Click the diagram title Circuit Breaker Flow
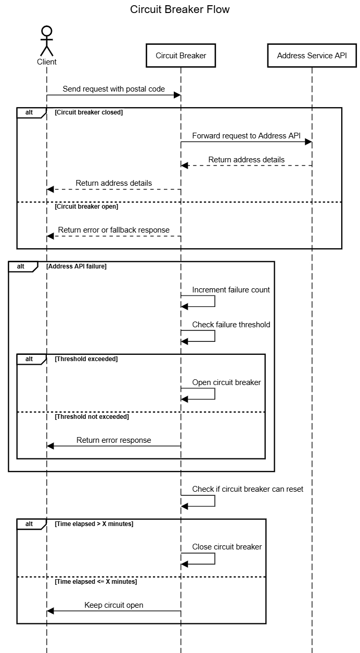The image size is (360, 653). [179, 10]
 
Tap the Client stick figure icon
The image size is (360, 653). [47, 40]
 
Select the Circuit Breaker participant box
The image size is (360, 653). [181, 56]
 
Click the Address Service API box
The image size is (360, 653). [312, 56]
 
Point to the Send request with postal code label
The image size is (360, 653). [114, 89]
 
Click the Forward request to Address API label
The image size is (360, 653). [246, 136]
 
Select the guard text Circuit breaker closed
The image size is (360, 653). [88, 112]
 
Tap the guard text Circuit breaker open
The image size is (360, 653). [86, 207]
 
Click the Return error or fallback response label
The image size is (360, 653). [114, 230]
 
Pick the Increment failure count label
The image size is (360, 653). [231, 290]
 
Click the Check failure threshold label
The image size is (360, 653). [231, 325]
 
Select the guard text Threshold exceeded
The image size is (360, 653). [86, 359]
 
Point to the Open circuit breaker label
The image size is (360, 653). [226, 382]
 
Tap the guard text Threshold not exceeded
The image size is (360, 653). [92, 417]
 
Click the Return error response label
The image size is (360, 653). [114, 440]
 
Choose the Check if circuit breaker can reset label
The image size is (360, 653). [248, 489]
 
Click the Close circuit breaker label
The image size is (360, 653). [227, 547]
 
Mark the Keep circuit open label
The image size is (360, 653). [114, 605]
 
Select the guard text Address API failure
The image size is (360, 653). [76, 266]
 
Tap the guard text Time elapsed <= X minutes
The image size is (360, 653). [96, 582]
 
